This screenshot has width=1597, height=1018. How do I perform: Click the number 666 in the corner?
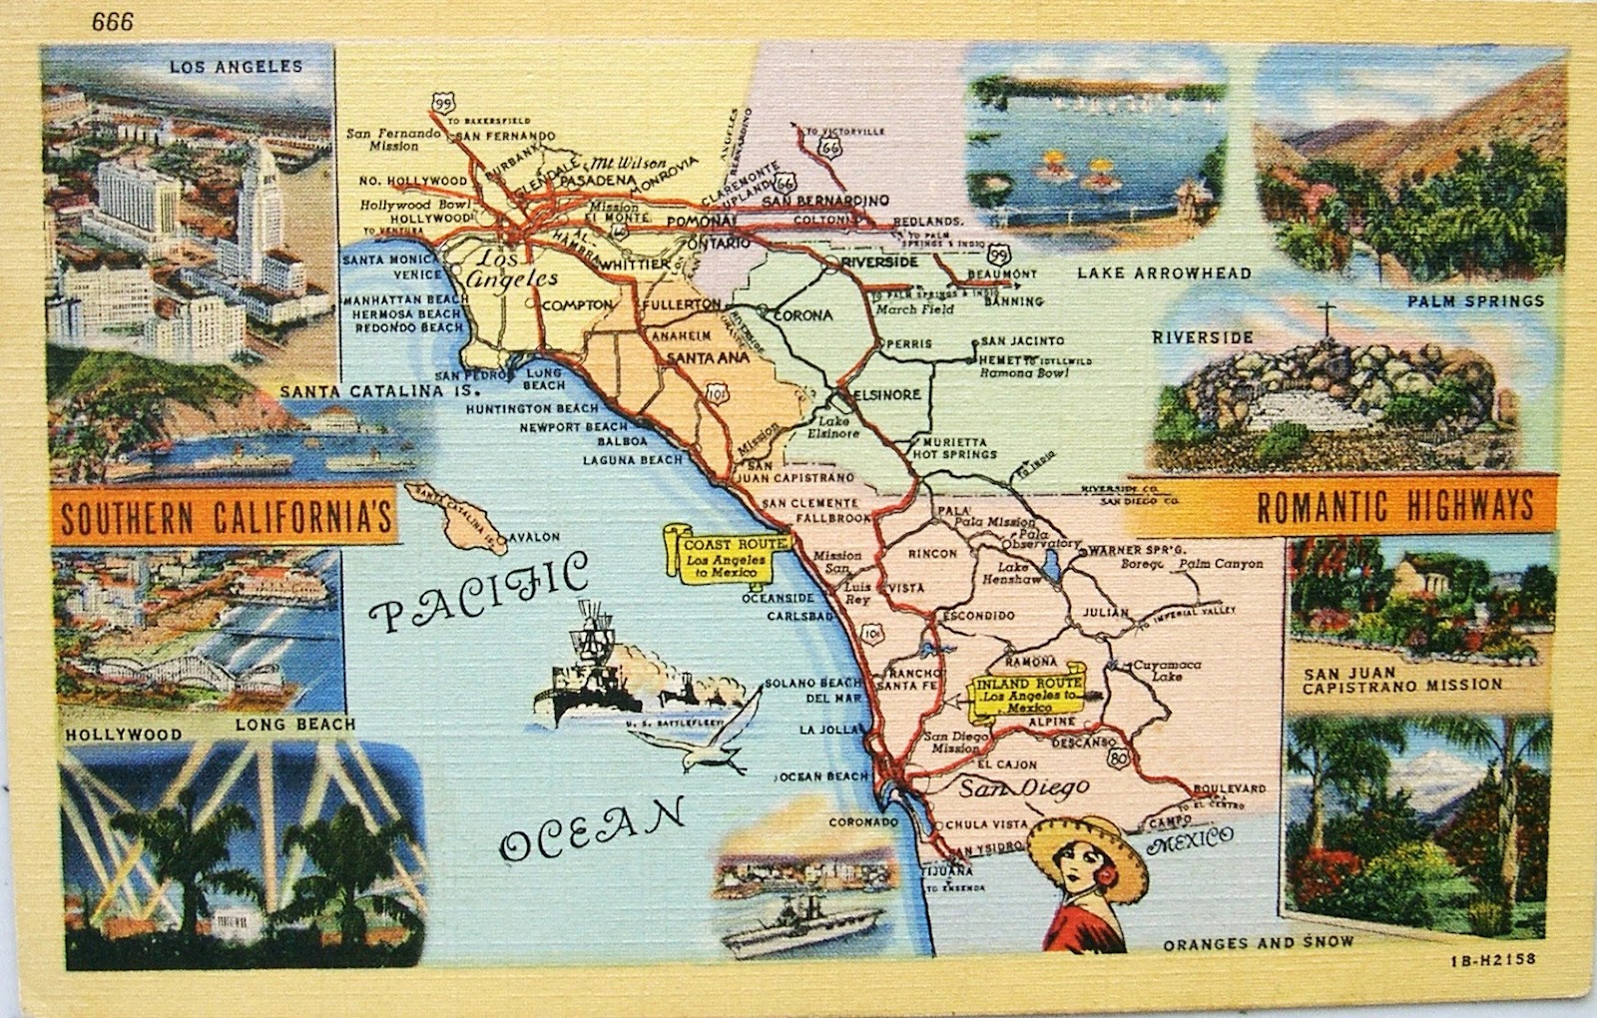click(113, 22)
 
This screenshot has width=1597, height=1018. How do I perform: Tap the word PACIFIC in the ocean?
click(478, 595)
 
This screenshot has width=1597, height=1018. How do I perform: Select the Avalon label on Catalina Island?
click(535, 538)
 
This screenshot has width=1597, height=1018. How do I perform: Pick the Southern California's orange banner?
click(223, 517)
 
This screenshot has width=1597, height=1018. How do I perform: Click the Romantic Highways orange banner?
click(1393, 506)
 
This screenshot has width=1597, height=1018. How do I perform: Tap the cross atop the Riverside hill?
click(1327, 318)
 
